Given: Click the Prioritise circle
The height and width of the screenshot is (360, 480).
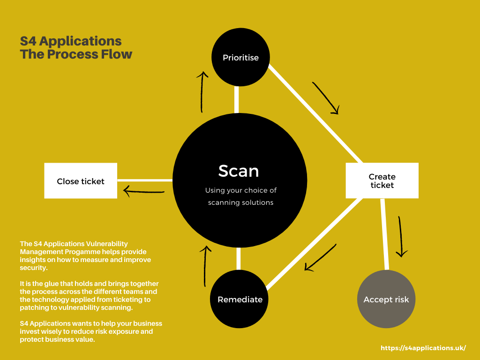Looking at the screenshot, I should coord(240,58).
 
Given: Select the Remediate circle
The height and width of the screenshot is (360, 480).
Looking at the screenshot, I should coord(240,299).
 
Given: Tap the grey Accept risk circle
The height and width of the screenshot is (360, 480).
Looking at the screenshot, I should coord(386,299).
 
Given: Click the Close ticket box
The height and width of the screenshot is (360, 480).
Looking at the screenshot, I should coord(81,181).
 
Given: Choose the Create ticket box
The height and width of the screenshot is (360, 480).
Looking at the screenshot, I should coord(382,180).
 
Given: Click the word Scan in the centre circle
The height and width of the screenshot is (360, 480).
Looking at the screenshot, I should coord(239,171).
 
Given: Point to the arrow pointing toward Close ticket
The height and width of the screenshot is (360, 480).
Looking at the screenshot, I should coord(143,191).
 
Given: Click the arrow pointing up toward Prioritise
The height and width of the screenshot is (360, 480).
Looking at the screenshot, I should coord(202,92).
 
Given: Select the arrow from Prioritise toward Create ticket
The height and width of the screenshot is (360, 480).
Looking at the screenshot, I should coord(326,98).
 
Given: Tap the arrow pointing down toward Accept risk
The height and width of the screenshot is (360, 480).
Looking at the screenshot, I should coord(401,237).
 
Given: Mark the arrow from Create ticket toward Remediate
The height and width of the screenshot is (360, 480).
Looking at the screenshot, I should coord(321,257).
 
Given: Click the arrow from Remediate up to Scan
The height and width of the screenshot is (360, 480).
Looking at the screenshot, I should coord(205,266).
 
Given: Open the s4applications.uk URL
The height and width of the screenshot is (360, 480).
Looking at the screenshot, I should coord(423,348).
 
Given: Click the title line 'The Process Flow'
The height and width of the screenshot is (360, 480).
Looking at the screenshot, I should coord(76,54).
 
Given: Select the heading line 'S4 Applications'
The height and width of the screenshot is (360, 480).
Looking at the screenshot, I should coord(71,41).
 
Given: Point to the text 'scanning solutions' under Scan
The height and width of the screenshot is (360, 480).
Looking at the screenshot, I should coord(240,202).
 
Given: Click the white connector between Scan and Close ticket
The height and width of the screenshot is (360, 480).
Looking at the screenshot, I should coord(145,180).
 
